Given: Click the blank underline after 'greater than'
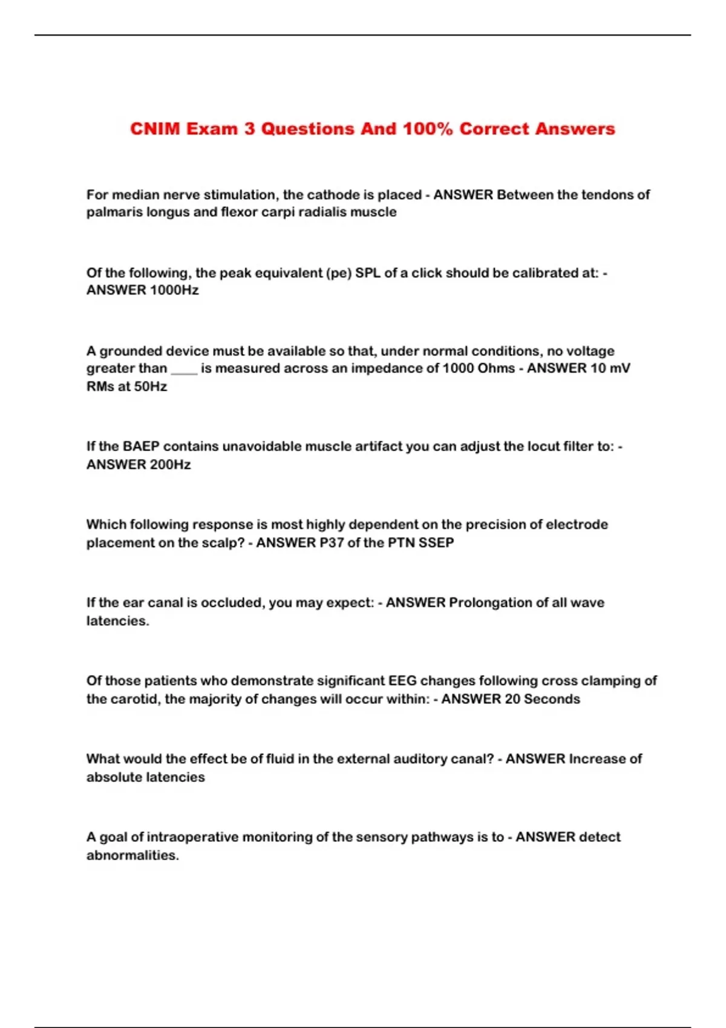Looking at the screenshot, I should (184, 369).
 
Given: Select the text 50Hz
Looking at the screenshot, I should (151, 386).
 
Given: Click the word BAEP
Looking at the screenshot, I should (142, 446).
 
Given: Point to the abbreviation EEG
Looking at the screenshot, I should (402, 680).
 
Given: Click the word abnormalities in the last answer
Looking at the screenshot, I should (132, 855).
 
